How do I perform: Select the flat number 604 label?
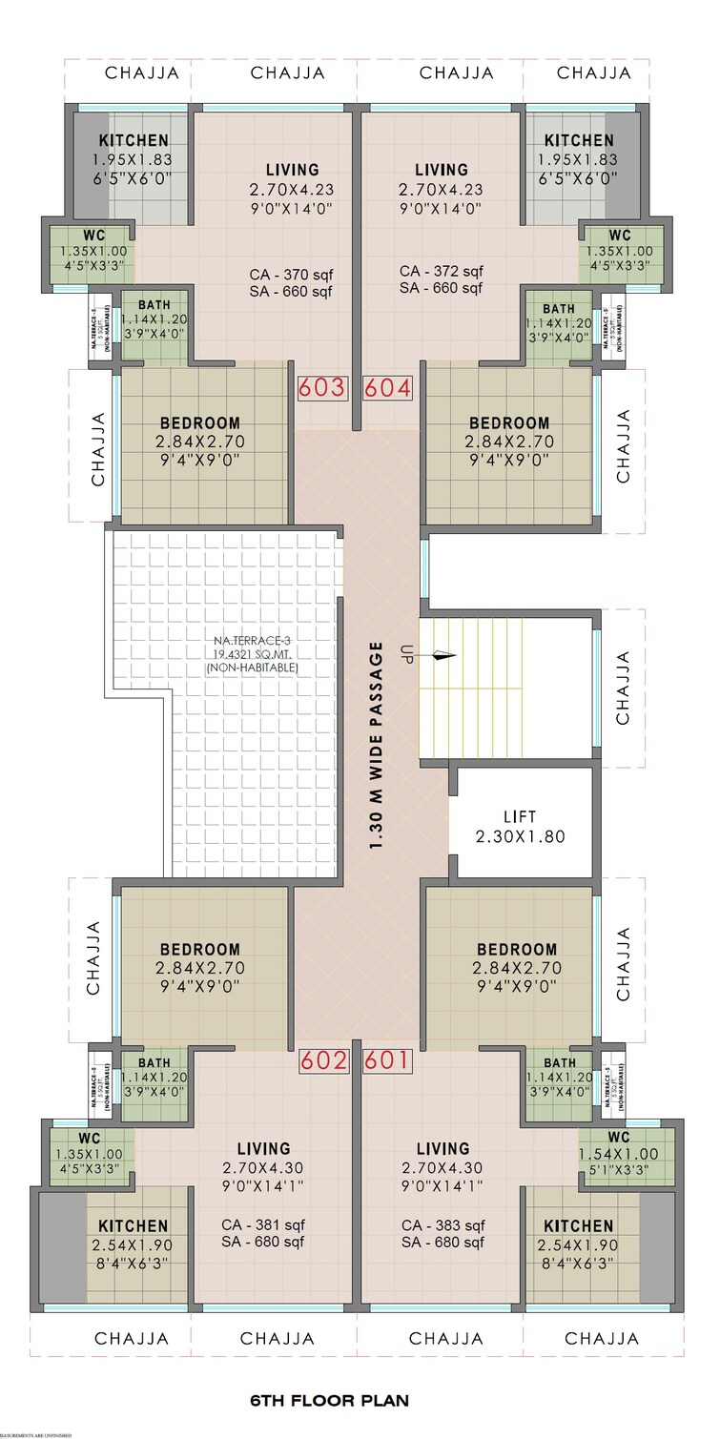(387, 389)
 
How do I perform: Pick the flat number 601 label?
(386, 1060)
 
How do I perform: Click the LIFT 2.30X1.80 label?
(520, 827)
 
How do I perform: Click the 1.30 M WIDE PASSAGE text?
(377, 747)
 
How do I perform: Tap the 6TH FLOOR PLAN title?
(329, 1401)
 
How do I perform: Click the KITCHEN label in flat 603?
(134, 141)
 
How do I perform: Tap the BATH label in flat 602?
(154, 1062)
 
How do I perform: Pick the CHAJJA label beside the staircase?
(624, 687)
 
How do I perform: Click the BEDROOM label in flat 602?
(200, 950)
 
